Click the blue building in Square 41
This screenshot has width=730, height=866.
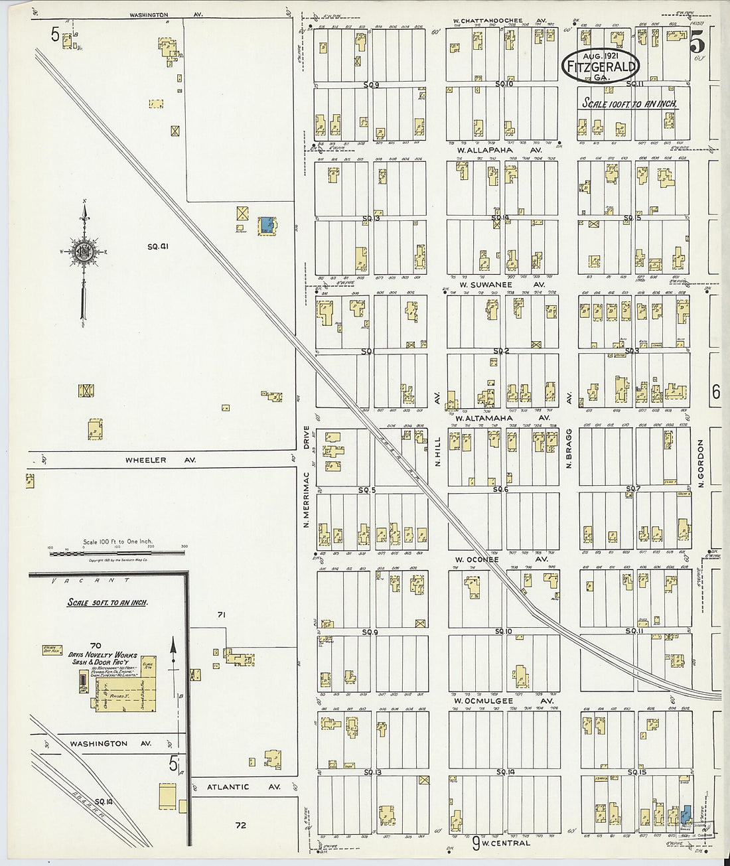[x=266, y=225]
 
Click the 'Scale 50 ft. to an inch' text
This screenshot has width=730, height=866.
[x=108, y=603]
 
